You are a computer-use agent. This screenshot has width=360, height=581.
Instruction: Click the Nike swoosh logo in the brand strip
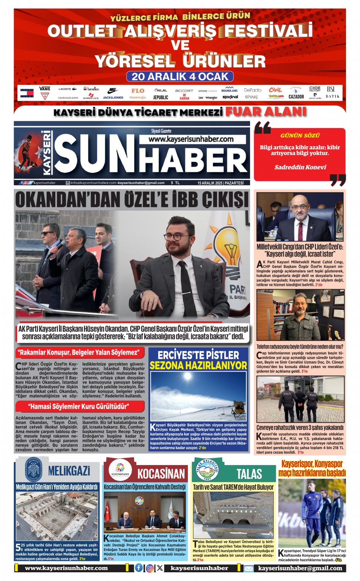click(113, 90)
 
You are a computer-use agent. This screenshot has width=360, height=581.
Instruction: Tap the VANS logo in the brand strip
click(45, 89)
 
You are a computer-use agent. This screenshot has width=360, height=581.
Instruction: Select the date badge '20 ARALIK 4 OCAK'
click(180, 77)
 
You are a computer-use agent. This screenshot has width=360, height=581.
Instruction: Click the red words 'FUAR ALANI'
click(266, 111)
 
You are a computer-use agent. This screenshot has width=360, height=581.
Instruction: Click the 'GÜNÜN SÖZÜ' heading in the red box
click(300, 135)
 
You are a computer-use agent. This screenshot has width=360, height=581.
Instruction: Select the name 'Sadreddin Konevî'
click(300, 167)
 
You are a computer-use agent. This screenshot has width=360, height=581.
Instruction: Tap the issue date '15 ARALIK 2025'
click(210, 183)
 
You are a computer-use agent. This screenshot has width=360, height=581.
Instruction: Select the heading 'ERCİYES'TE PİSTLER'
click(198, 355)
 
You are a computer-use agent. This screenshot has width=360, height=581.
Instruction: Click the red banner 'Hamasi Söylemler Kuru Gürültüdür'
click(79, 407)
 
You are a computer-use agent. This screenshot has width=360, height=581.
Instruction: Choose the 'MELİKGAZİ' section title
click(69, 471)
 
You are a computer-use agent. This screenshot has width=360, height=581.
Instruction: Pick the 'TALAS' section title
click(249, 474)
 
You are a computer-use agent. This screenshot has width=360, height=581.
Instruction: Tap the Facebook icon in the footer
click(139, 568)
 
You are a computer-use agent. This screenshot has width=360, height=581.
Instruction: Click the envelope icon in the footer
click(249, 569)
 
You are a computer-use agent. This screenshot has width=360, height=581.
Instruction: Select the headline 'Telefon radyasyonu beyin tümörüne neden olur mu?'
click(300, 347)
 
